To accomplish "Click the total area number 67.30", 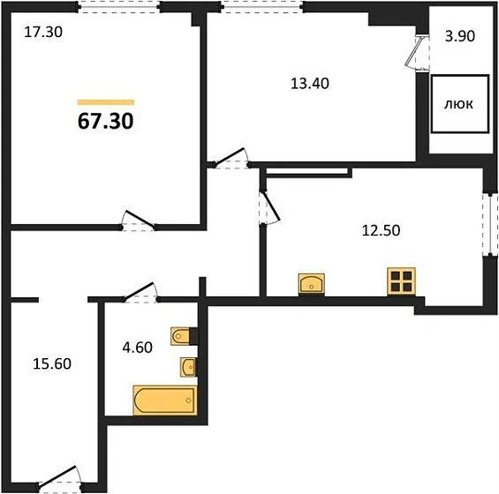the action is [106, 121].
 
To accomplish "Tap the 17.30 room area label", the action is [43, 32].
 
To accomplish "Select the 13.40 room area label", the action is [310, 84].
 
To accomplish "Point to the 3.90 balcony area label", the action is [460, 36].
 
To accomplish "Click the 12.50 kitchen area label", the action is [381, 230].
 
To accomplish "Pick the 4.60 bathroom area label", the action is [138, 348].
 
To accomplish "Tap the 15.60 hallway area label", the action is [52, 363].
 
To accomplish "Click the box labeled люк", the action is [460, 104].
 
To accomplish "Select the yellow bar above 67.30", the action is [106, 102].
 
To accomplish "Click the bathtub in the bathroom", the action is [165, 400].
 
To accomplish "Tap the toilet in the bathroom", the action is [181, 336].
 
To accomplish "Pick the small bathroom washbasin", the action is [188, 367].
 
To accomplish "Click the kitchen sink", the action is [311, 284].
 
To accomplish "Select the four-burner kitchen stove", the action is [401, 281].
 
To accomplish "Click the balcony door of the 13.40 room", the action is [418, 52].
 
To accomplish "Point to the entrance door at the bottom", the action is [60, 479].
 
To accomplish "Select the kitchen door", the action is [269, 208].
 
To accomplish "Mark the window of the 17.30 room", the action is [119, 7].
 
